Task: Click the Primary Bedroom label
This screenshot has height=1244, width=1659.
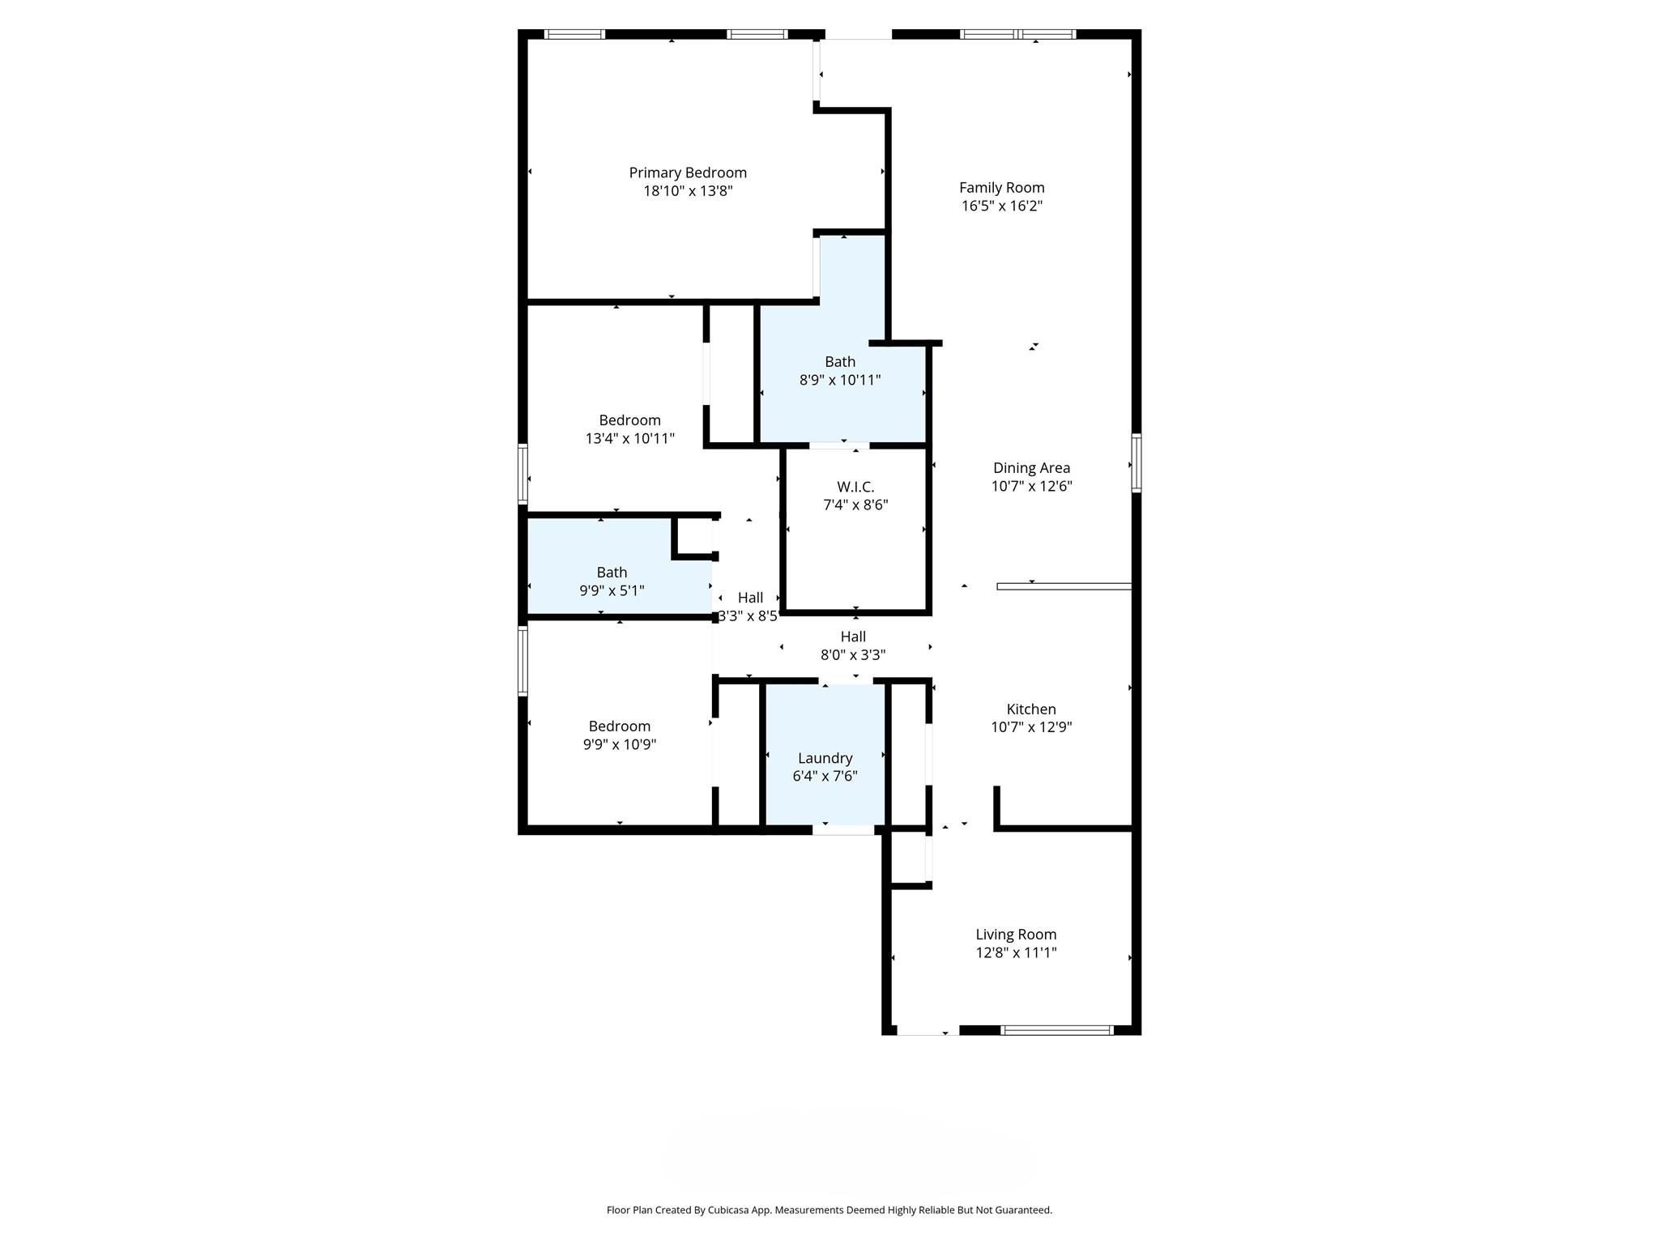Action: [688, 173]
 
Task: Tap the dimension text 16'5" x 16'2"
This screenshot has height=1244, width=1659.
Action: [1001, 206]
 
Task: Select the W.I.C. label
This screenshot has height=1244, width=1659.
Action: [855, 487]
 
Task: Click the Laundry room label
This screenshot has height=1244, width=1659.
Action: [825, 758]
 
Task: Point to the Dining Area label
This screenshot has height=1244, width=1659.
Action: [1031, 468]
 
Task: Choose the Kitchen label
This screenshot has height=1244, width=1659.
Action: [1031, 709]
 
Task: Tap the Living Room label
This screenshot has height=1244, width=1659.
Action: [1016, 934]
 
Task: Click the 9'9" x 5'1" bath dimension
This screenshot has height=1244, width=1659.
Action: [612, 590]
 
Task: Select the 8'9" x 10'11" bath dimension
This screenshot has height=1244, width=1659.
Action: [840, 380]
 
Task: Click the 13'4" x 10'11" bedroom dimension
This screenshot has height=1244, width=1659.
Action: [629, 438]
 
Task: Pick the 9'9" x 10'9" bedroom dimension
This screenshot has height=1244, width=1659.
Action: [619, 744]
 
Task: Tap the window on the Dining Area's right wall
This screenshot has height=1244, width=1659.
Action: [1137, 463]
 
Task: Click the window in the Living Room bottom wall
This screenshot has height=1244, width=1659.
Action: [1057, 1030]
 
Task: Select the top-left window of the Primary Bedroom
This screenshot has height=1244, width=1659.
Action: [574, 34]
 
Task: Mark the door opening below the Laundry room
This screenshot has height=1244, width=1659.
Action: [843, 829]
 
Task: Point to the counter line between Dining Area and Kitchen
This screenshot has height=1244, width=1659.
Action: [1064, 586]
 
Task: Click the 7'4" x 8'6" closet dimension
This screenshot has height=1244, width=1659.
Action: [855, 505]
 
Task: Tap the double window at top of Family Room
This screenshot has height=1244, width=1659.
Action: [1018, 34]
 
